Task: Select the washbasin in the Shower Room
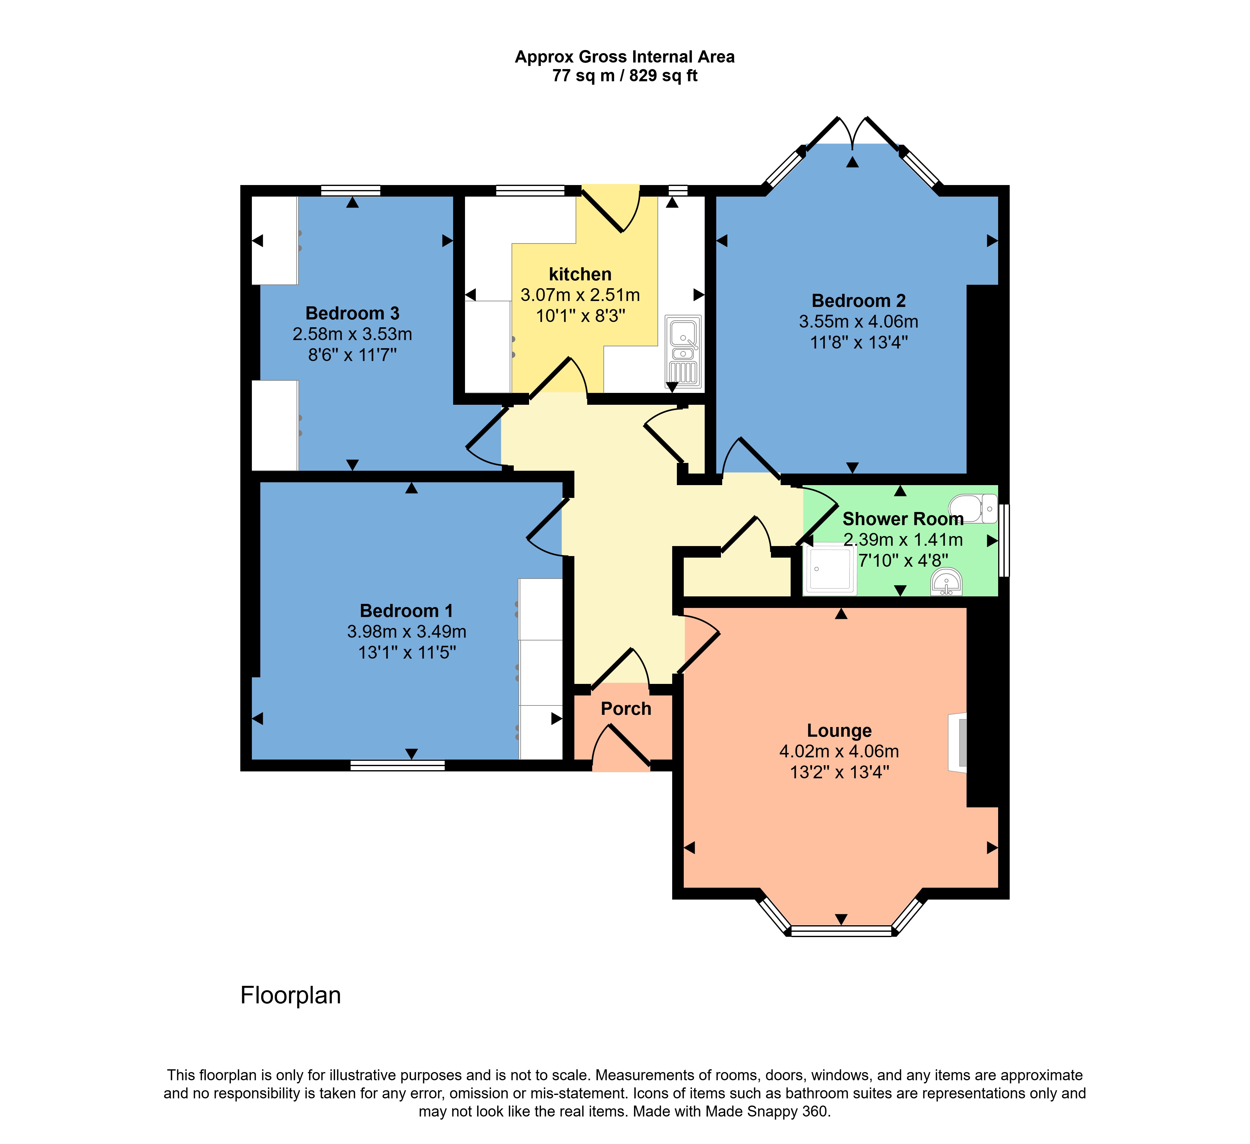point(946,583)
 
